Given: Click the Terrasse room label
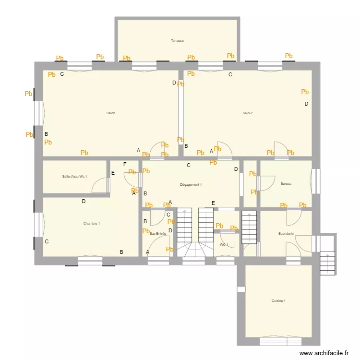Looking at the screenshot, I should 177,41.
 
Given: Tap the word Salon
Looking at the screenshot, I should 111,113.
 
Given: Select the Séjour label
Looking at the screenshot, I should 248,113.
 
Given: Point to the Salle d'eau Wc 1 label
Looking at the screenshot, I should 74,177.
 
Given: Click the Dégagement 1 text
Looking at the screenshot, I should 191,184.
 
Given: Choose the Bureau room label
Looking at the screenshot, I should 286,183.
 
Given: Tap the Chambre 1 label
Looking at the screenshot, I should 91,223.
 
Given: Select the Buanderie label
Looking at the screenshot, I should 286,234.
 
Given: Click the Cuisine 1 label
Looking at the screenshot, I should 278,301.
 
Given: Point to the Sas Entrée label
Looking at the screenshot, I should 158,233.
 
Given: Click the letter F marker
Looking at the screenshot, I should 125,165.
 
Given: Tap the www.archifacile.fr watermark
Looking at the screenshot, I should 324,353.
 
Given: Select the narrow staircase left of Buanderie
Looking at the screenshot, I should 249,227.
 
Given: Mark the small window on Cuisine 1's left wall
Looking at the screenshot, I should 241,289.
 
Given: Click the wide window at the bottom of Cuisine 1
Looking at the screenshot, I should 280,341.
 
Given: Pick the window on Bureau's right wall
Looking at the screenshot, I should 315,181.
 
